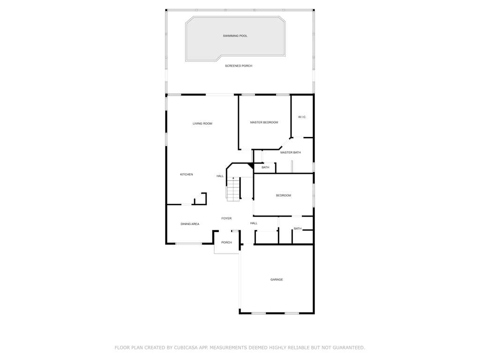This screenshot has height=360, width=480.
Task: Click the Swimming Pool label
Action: [x=235, y=36]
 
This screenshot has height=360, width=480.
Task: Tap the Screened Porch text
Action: [x=239, y=66]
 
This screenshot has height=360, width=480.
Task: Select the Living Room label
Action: [x=202, y=124]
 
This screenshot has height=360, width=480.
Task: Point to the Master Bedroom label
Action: [x=264, y=122]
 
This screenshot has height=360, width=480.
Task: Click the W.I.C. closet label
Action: [x=302, y=117]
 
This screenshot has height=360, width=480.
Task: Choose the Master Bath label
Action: [x=291, y=152]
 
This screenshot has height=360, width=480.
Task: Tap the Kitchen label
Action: [x=187, y=174]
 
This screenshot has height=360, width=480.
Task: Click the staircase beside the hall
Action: [x=233, y=189]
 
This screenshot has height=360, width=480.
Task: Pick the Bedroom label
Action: [x=284, y=195]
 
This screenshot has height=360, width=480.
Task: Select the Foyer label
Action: [x=226, y=218]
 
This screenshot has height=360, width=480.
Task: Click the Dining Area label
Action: [x=190, y=224]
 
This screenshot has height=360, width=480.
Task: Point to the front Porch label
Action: [x=226, y=242]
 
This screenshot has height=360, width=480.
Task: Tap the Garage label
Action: [x=277, y=279]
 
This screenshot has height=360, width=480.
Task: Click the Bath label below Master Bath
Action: [x=265, y=167]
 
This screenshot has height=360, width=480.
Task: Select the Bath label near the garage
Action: [x=298, y=229]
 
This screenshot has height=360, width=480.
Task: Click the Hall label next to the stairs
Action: [x=220, y=176]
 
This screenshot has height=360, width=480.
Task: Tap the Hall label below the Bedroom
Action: [x=254, y=223]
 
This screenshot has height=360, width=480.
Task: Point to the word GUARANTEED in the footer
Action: [x=349, y=347]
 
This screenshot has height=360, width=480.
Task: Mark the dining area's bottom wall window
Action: [x=188, y=244]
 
